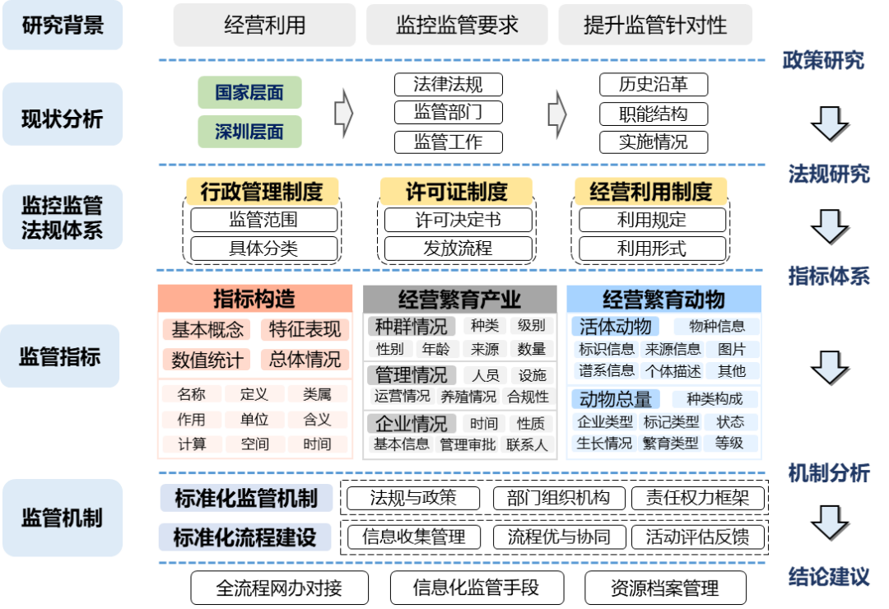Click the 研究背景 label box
point(63,26)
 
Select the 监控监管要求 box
point(458,25)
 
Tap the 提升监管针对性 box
point(655,25)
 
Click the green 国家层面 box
point(249,93)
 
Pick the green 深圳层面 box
point(249,132)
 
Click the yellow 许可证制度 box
point(456,193)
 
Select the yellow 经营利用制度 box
point(650,193)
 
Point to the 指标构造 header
point(254,298)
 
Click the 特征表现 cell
point(305,330)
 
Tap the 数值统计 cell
point(207,360)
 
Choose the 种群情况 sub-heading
point(411,326)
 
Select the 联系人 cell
point(527,444)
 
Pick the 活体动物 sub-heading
point(615,326)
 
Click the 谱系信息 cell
point(606,371)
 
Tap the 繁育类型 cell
point(670,444)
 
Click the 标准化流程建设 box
point(244,538)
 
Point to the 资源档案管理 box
point(665,588)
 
